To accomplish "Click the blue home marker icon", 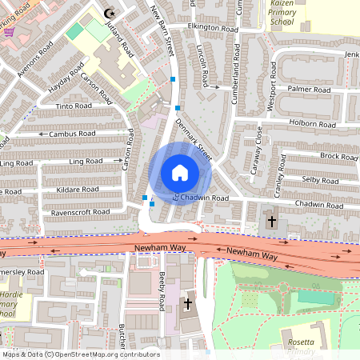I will tap(179, 172).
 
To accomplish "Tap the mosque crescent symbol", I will tap(110, 13).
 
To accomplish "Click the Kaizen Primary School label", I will tap(282, 13).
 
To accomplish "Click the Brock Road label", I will tap(338, 156).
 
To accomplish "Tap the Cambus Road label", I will tap(72, 134).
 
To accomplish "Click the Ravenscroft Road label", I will tap(78, 212).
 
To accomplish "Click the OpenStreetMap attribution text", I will tap(80, 354).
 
